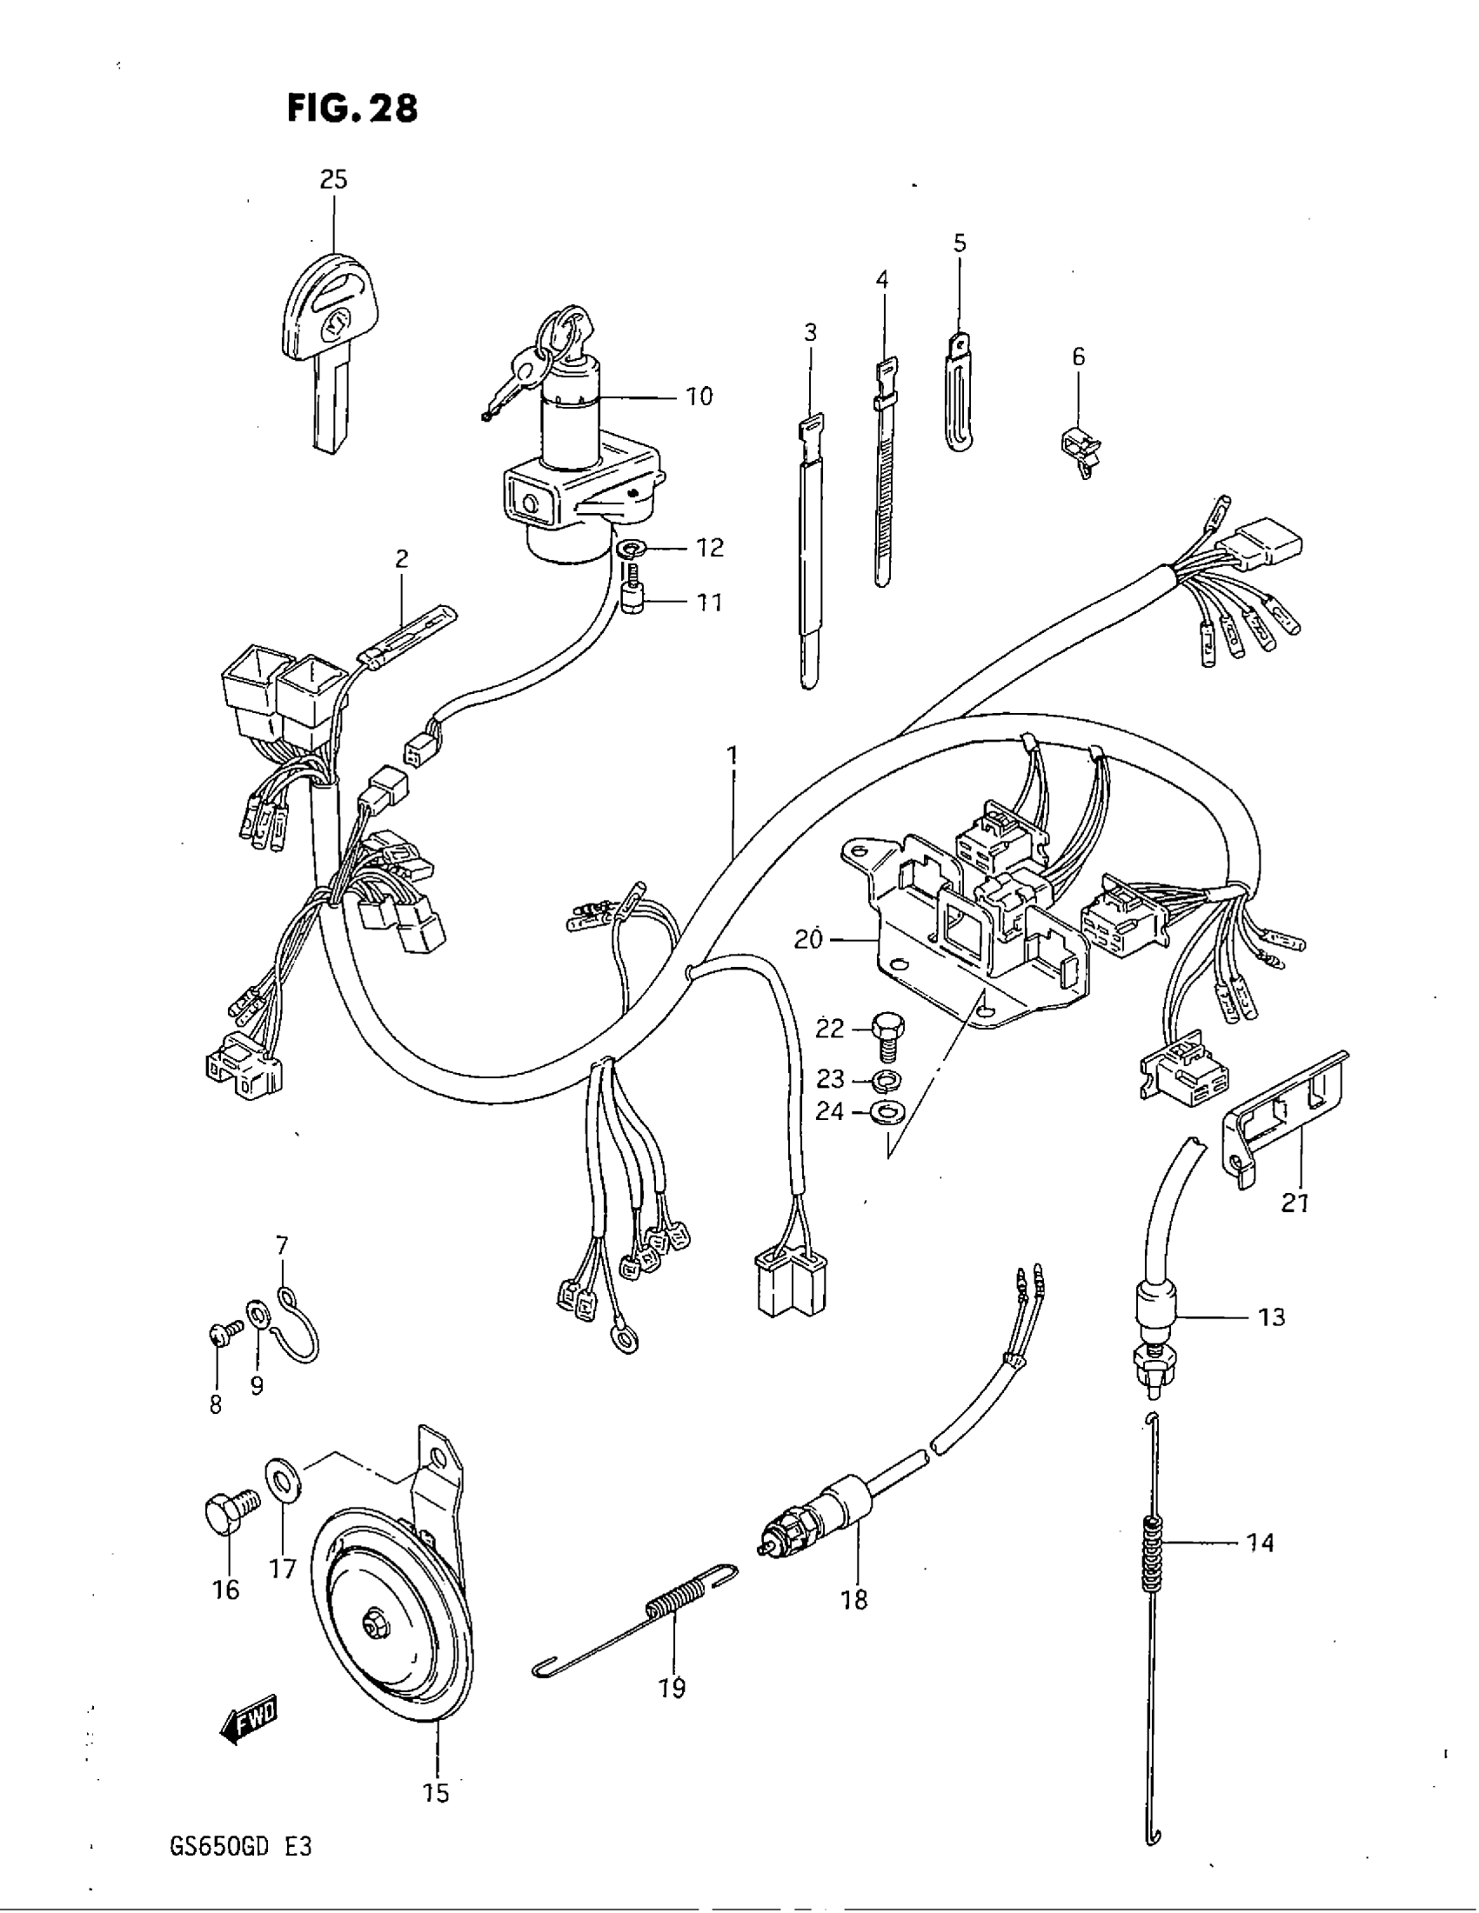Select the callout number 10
click(699, 397)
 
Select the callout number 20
click(808, 940)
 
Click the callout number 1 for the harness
click(732, 755)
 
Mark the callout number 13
click(1270, 1316)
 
